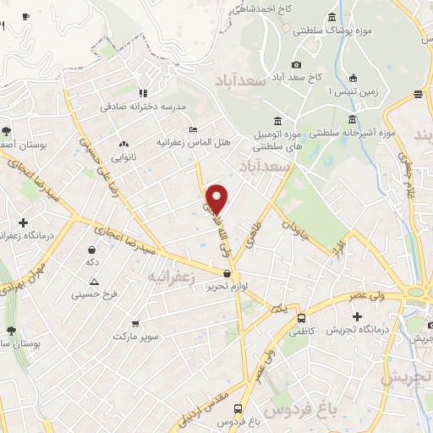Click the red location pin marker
click(218, 200)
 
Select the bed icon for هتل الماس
click(195, 130)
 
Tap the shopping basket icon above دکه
click(90, 249)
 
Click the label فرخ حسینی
click(93, 295)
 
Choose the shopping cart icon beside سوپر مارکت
click(135, 324)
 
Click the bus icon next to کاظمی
click(302, 319)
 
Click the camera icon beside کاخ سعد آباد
click(296, 65)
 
